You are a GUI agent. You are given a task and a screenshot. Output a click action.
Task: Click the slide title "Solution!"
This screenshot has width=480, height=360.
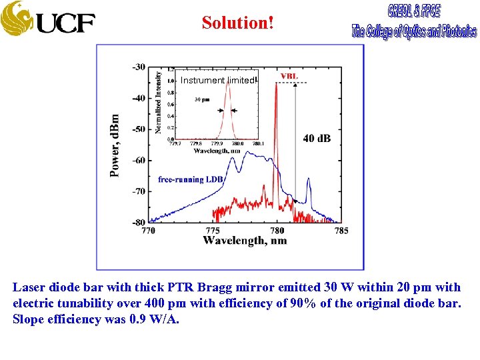pyautogui.click(x=238, y=22)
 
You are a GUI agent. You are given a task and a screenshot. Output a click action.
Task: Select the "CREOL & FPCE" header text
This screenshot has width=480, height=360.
pyautogui.click(x=413, y=12)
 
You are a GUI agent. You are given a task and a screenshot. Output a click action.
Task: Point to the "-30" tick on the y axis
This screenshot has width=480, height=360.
pyautogui.click(x=139, y=67)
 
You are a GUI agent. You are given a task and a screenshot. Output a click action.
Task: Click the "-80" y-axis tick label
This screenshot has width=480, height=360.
pyautogui.click(x=139, y=222)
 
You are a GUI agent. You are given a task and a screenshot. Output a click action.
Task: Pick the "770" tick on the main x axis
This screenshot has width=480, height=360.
pyautogui.click(x=148, y=231)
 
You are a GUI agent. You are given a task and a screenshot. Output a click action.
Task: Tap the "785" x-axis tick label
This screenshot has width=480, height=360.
pyautogui.click(x=341, y=231)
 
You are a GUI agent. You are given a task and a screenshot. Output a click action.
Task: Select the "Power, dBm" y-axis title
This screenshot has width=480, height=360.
pyautogui.click(x=115, y=145)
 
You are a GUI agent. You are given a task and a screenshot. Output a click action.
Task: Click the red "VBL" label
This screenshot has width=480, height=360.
pyautogui.click(x=289, y=76)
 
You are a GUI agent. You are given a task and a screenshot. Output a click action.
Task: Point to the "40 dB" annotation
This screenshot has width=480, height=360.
pyautogui.click(x=317, y=139)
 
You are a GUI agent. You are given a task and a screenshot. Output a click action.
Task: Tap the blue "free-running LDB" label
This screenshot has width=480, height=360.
pyautogui.click(x=191, y=179)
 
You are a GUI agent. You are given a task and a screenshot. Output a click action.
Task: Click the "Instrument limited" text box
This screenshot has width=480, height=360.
pyautogui.click(x=217, y=80)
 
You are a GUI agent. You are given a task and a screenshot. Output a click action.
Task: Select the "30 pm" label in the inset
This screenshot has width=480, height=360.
pyautogui.click(x=202, y=99)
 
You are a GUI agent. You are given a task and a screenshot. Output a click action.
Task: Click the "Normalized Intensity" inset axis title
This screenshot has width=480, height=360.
pyautogui.click(x=159, y=102)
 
